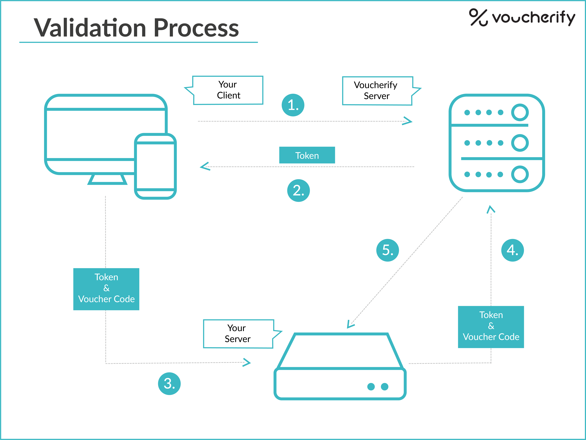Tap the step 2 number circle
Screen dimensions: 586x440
299,191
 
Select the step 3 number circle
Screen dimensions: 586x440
169,384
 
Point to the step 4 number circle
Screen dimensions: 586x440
513,250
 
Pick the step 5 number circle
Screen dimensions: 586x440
388,250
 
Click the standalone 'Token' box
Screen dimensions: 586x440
307,155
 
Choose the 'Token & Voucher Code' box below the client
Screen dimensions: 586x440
106,289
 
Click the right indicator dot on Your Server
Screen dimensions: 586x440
385,387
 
